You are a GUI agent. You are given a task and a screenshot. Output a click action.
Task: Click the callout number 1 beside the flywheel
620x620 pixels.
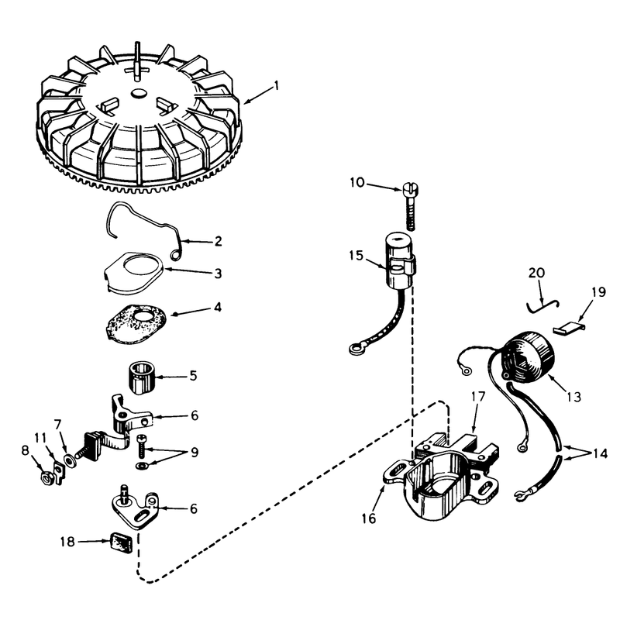tap(277, 86)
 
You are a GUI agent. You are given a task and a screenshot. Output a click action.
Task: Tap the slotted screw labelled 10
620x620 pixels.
tap(411, 206)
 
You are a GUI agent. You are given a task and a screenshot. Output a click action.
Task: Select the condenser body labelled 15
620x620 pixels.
tap(400, 263)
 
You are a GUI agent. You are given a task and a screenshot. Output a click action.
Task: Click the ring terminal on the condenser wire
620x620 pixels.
tap(354, 349)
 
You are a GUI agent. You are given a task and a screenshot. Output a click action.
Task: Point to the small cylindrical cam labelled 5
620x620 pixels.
tap(141, 378)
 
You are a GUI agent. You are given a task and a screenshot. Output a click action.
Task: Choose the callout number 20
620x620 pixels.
tap(536, 273)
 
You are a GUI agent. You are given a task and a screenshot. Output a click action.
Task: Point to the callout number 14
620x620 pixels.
tap(600, 453)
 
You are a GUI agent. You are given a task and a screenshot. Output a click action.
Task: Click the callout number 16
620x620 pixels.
tap(369, 518)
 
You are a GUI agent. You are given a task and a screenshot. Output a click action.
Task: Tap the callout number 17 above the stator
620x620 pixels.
tap(477, 397)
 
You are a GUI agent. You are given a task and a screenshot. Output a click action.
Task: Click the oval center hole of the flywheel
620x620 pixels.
tap(139, 92)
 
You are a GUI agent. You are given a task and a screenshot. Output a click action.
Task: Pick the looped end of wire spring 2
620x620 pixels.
tap(175, 257)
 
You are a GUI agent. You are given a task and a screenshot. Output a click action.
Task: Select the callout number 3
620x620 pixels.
tap(218, 274)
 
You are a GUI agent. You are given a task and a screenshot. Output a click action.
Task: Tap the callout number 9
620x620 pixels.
tap(195, 453)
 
